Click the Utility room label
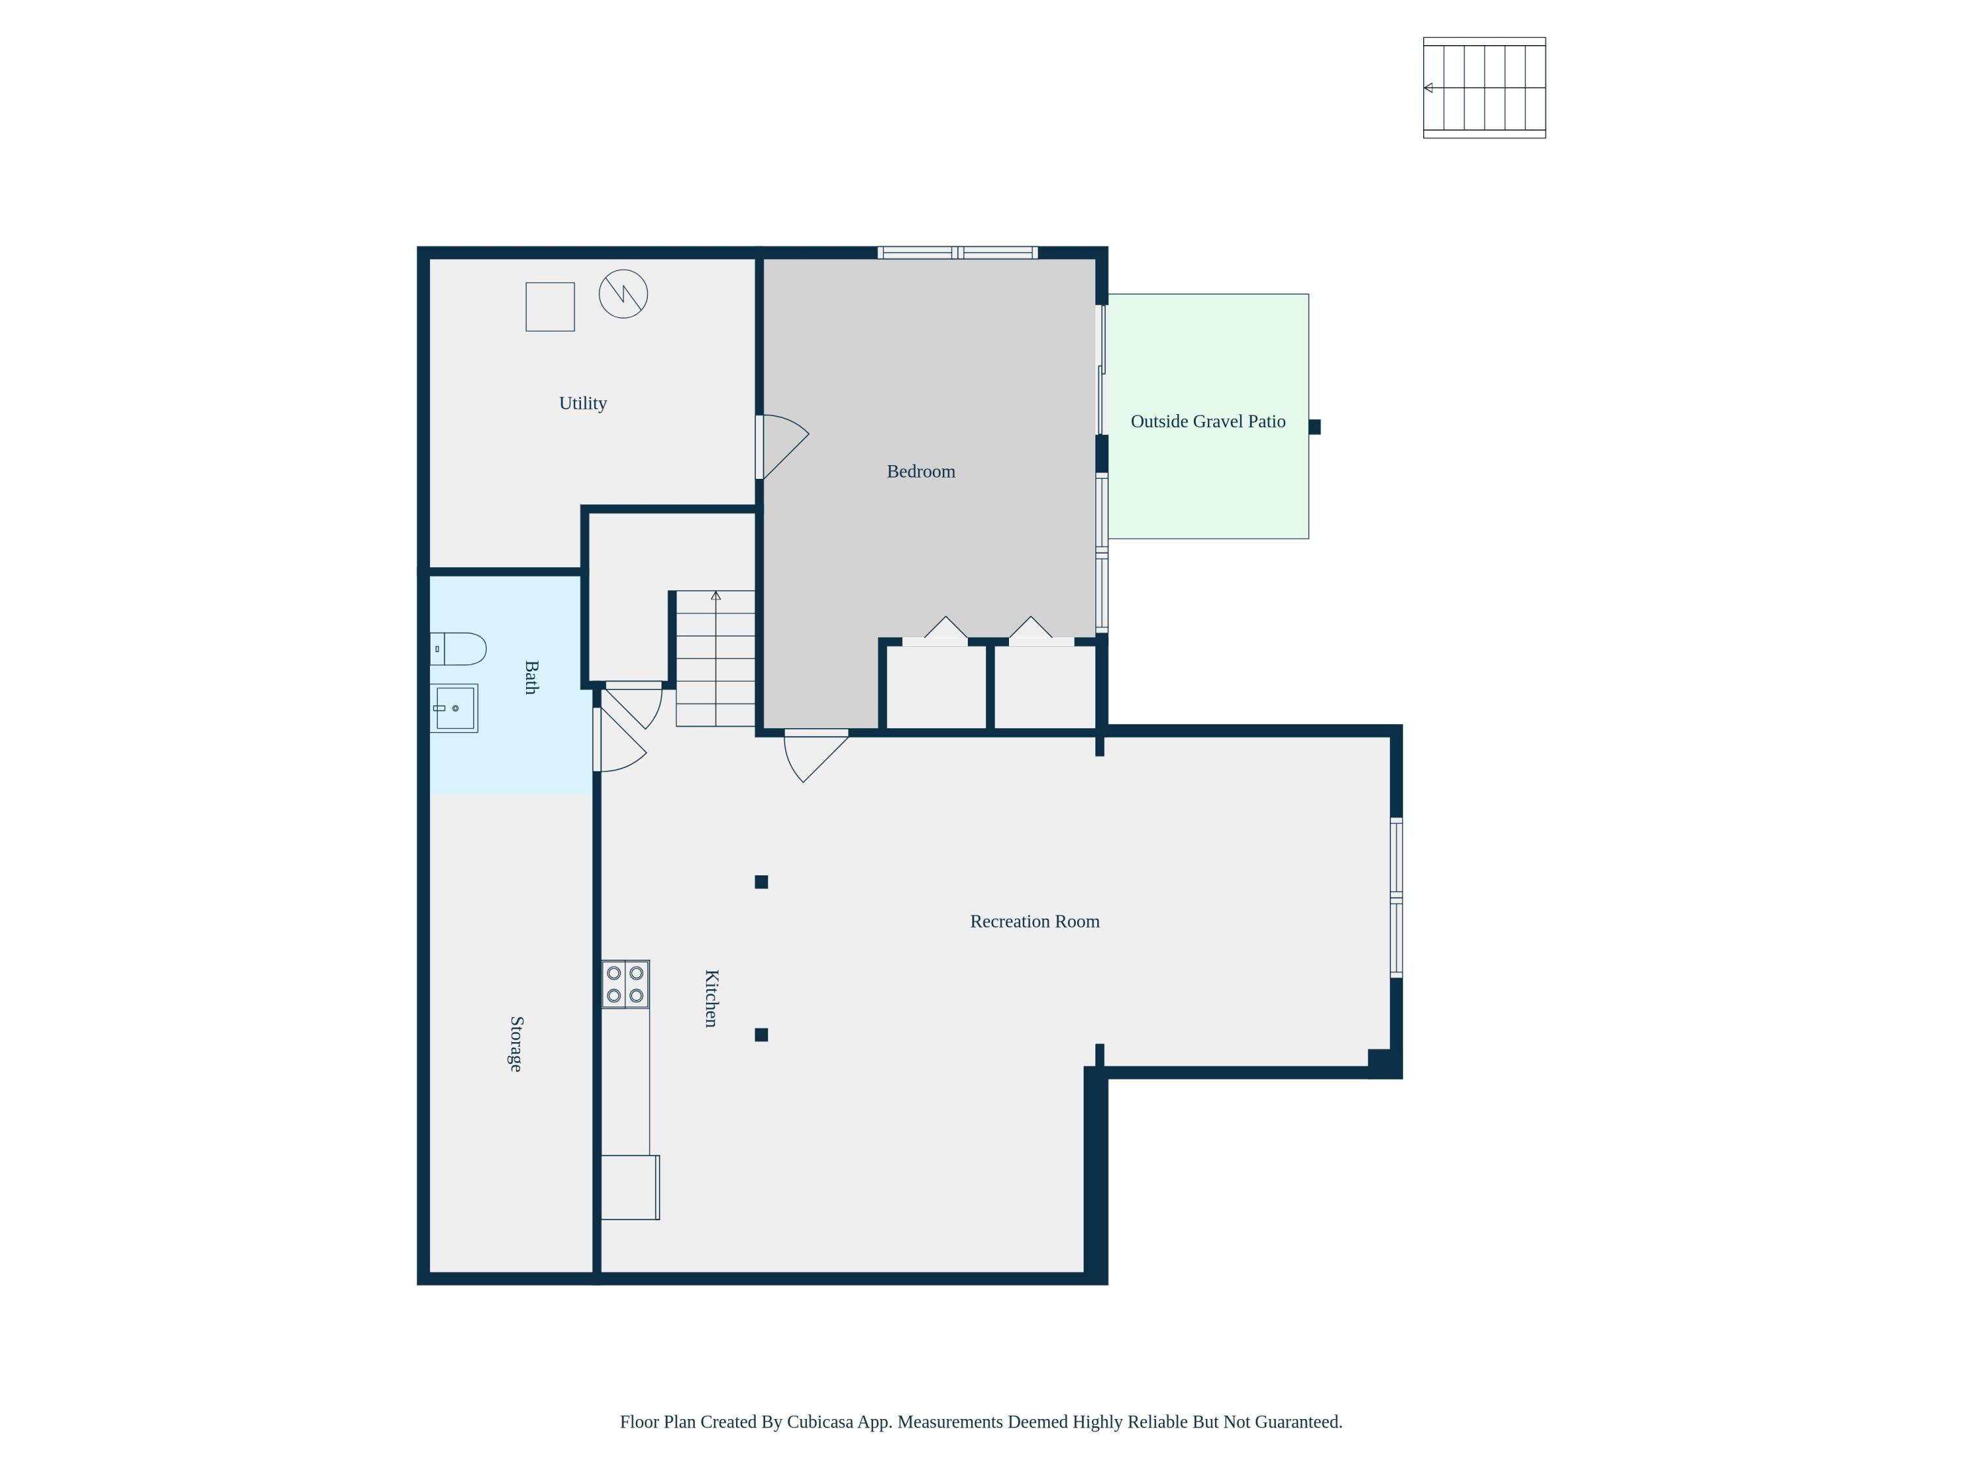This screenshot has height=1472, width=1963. [582, 403]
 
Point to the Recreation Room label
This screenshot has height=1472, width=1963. [1034, 921]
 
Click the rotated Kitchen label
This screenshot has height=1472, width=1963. [711, 998]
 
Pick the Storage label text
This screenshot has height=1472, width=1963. [516, 1043]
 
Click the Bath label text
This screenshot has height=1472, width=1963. [531, 677]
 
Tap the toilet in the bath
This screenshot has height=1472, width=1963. [459, 648]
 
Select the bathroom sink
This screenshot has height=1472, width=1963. [454, 707]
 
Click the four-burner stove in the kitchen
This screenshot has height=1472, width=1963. [625, 984]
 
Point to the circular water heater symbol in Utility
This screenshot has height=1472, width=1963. [623, 294]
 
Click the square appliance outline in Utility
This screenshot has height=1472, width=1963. [550, 307]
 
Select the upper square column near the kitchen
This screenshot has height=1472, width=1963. [760, 881]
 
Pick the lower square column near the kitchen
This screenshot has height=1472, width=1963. [760, 1034]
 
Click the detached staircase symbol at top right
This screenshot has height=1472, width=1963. [1484, 88]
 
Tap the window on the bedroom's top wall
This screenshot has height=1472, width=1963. [957, 253]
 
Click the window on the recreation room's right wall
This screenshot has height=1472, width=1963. [1395, 897]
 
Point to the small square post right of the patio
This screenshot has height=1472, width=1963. [1315, 427]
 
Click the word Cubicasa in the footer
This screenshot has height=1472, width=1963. [820, 1422]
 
